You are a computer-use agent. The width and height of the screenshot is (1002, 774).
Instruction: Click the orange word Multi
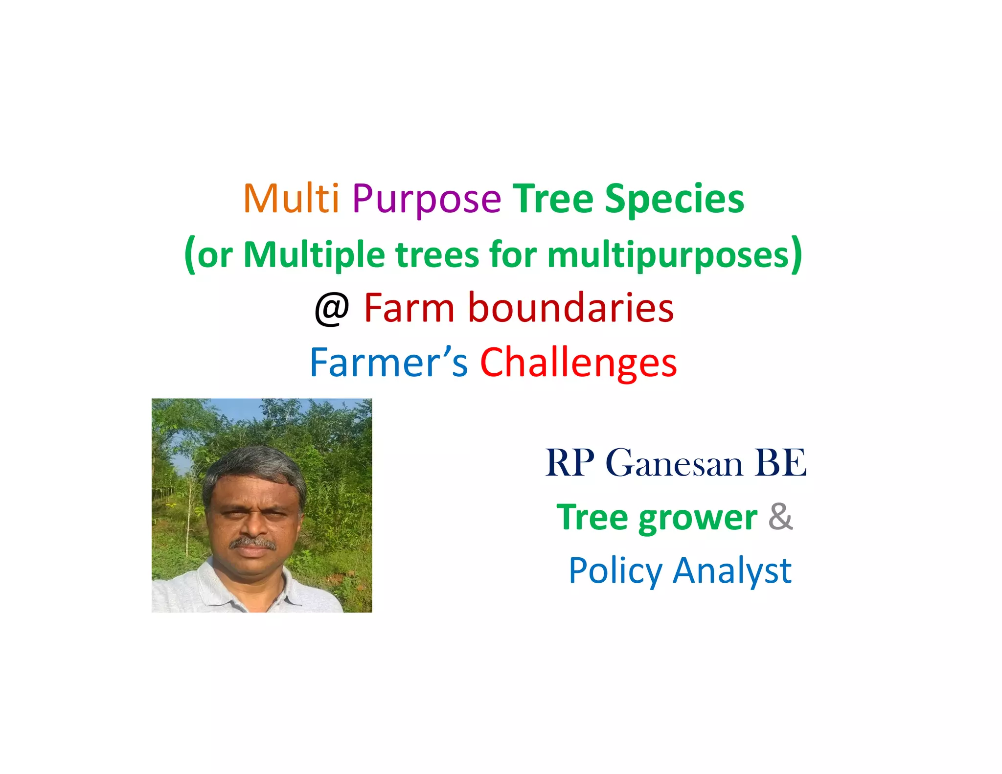pyautogui.click(x=291, y=199)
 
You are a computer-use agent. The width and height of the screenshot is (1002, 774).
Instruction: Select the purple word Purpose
pyautogui.click(x=426, y=200)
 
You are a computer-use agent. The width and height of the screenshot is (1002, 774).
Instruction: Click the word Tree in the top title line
pyautogui.click(x=553, y=199)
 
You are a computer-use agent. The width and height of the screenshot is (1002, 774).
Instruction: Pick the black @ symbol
pyautogui.click(x=332, y=309)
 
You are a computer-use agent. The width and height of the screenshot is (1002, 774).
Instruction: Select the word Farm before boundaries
pyautogui.click(x=409, y=308)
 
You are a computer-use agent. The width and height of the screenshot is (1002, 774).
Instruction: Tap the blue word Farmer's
pyautogui.click(x=388, y=363)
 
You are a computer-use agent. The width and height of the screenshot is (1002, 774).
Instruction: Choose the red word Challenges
pyautogui.click(x=578, y=364)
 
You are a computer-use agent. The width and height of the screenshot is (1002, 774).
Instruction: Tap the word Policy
pyautogui.click(x=615, y=571)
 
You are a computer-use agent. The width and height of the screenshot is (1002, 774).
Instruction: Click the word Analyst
pyautogui.click(x=732, y=571)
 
